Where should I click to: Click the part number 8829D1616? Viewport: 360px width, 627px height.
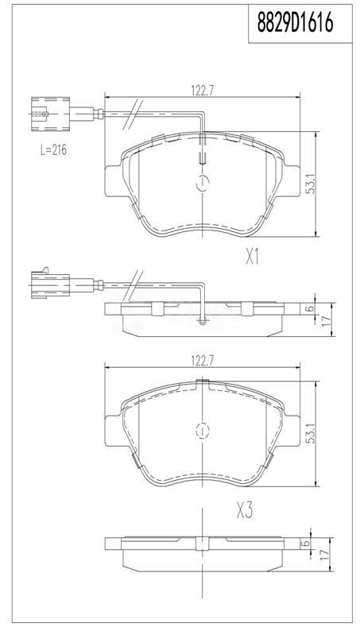point(295,22)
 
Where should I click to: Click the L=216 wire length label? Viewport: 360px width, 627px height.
point(53,150)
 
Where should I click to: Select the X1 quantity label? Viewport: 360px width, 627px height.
point(253,257)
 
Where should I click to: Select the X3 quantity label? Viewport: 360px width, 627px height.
point(245,511)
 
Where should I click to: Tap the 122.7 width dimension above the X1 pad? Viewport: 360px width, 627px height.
point(203,91)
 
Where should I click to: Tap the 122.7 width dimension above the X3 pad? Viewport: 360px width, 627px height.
point(203,361)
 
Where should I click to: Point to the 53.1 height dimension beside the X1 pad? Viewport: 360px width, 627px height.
point(311,184)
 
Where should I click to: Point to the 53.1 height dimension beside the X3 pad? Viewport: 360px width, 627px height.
point(311,433)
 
